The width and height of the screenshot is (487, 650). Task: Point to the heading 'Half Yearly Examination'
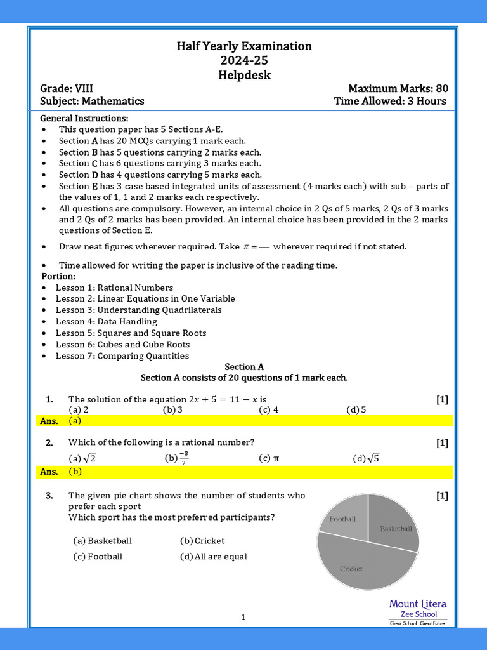(244, 46)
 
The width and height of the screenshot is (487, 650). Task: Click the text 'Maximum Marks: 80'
(398, 88)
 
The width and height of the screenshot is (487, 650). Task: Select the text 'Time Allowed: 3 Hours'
(390, 101)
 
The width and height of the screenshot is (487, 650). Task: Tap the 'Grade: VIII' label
(67, 88)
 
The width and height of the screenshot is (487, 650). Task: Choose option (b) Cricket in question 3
(202, 541)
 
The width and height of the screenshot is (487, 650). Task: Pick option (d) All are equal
(214, 557)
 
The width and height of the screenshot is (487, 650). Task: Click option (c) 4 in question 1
(269, 409)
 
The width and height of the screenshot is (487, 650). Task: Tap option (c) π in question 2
(269, 458)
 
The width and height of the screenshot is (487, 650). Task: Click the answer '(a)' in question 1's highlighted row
(75, 420)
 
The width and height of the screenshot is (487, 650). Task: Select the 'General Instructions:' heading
(84, 118)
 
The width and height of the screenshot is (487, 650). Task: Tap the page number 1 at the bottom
(243, 617)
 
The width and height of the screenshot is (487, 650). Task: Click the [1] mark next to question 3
(442, 496)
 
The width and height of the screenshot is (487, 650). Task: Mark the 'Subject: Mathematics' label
(92, 101)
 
